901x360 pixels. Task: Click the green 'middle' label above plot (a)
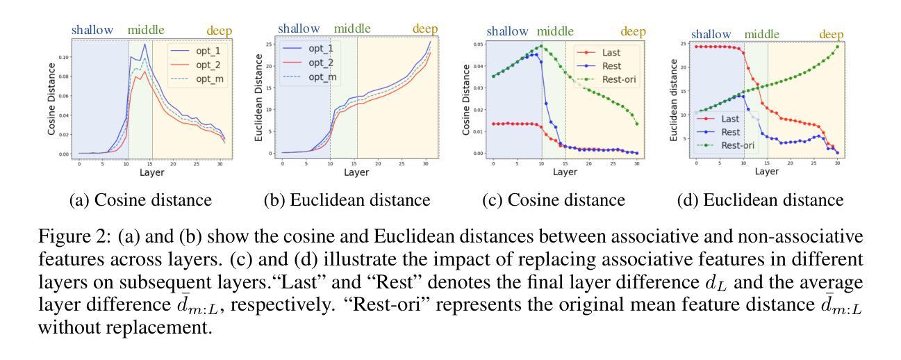(147, 30)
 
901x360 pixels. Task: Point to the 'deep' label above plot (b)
(426, 29)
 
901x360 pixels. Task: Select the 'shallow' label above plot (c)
(510, 31)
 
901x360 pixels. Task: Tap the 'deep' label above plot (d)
(831, 34)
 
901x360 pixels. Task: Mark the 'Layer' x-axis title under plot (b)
(356, 172)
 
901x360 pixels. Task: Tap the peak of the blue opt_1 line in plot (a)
(144, 44)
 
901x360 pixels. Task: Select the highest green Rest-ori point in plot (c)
(542, 47)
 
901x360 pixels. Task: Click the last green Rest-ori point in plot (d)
(837, 47)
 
